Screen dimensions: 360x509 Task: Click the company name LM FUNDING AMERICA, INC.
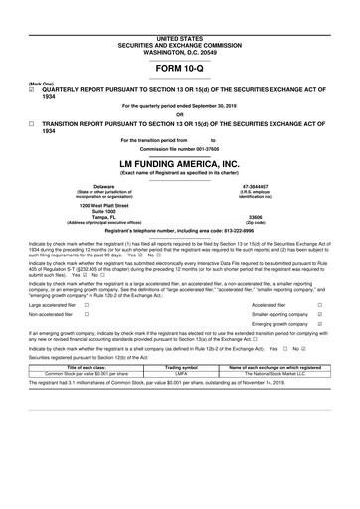[179, 162]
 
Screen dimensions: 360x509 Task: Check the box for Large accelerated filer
[88, 305]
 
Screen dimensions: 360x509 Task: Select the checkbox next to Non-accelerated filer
[88, 319]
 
